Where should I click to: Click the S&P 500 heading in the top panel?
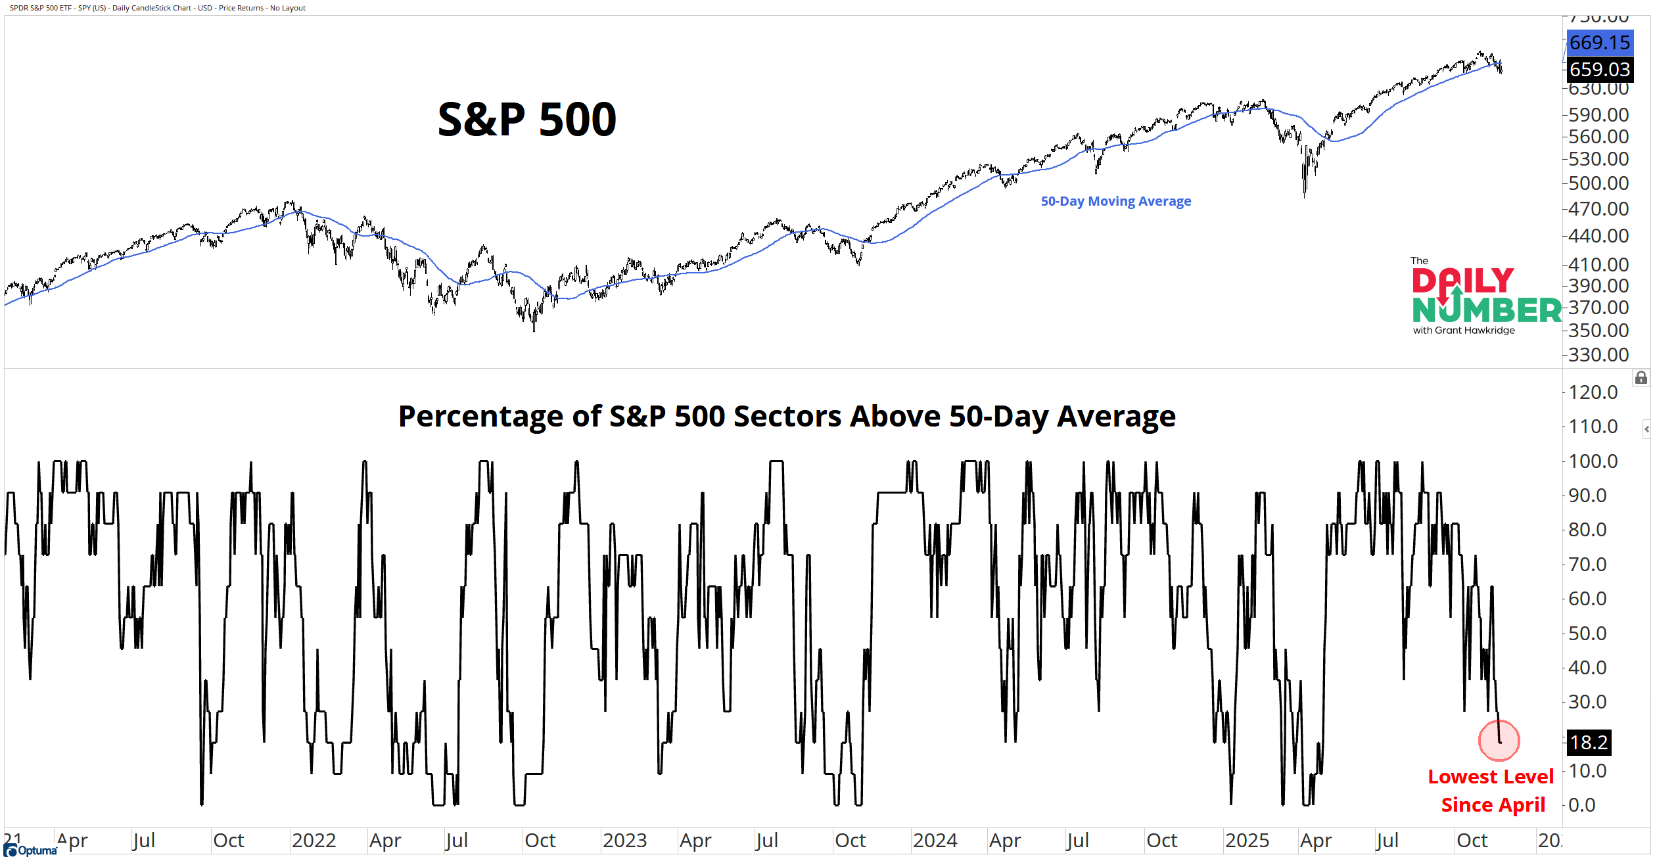coord(527,120)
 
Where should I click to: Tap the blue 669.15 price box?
coord(1599,43)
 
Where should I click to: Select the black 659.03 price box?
coord(1599,69)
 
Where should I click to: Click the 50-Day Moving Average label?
coord(1115,201)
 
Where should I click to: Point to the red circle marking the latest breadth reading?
coord(1499,740)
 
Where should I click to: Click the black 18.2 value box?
coord(1589,742)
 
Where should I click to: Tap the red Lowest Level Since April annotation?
coord(1491,791)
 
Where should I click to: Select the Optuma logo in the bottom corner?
coord(31,850)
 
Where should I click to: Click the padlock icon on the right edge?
coord(1641,378)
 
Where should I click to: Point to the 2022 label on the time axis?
coord(314,841)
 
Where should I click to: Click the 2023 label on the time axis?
coord(624,841)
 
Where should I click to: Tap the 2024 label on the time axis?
coord(935,841)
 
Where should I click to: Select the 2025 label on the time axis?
coord(1247,841)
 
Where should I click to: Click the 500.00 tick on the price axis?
coord(1598,183)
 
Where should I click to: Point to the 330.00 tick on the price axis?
coord(1598,355)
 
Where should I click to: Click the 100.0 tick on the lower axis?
coord(1593,461)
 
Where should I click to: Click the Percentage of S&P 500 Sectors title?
coord(787,416)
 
